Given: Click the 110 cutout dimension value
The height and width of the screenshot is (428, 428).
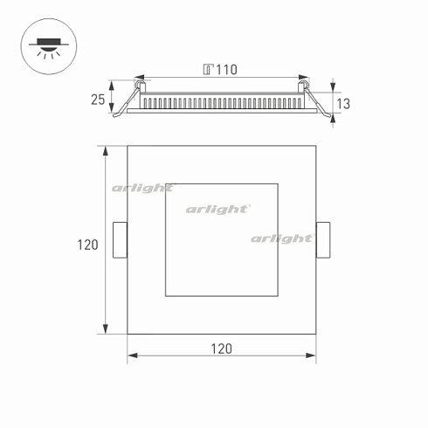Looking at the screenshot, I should pyautogui.click(x=226, y=70).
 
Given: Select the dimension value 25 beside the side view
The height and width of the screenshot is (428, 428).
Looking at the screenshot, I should pyautogui.click(x=97, y=100).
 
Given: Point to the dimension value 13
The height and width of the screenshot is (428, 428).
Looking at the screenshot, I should pyautogui.click(x=343, y=104).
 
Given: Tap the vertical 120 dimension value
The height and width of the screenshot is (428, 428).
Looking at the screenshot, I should pyautogui.click(x=87, y=245).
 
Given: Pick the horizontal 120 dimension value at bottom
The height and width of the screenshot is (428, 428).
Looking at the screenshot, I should pyautogui.click(x=221, y=349).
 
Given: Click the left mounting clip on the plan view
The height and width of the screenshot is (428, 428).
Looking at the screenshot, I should pyautogui.click(x=121, y=240).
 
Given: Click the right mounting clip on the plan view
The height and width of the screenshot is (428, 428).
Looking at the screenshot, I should pyautogui.click(x=323, y=240).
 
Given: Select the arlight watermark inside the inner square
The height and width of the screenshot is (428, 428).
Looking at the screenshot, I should pyautogui.click(x=218, y=209).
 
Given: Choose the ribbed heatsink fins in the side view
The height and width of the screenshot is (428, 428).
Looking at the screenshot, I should pyautogui.click(x=222, y=101).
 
